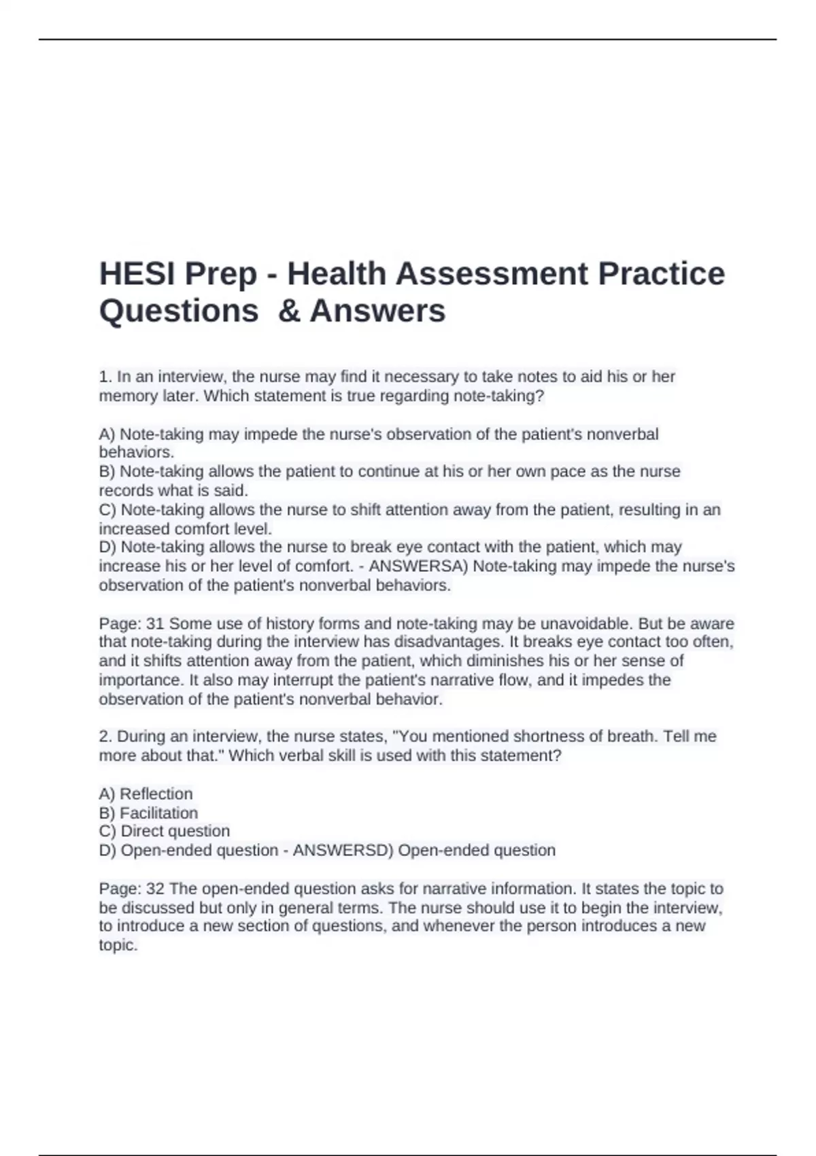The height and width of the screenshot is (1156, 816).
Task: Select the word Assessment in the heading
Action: coord(492,274)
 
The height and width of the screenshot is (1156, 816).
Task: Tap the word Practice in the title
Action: coord(662,274)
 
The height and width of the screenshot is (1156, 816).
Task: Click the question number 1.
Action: coord(105,377)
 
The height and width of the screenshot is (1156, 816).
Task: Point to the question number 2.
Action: coord(105,736)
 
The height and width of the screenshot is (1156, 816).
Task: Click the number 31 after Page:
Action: coord(156,624)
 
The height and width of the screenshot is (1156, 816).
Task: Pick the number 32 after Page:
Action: coord(156,889)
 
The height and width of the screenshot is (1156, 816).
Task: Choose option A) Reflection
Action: coord(146,794)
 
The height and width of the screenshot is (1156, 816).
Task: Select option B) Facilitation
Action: coord(148,813)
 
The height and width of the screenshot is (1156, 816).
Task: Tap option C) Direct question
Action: coord(164,831)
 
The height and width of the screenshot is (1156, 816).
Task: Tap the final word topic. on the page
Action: coord(118,945)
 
